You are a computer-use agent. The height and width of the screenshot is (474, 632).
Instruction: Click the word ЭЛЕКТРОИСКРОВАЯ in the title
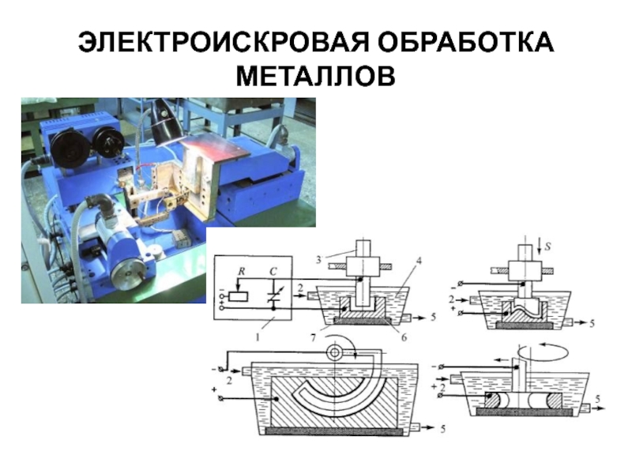tap(223, 42)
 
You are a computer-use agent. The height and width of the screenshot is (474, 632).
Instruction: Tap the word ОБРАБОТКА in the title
tap(465, 42)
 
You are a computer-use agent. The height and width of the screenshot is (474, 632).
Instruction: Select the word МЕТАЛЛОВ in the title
tap(316, 76)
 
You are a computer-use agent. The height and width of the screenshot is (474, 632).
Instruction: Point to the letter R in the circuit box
tap(241, 271)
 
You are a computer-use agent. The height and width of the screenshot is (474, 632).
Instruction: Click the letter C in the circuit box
tap(273, 272)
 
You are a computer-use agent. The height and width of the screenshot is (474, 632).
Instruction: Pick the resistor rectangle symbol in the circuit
tap(239, 297)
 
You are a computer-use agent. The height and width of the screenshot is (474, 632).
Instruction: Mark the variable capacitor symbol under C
tap(273, 296)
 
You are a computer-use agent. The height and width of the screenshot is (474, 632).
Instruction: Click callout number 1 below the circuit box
tap(258, 337)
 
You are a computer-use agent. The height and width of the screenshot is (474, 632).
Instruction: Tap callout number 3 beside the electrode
tap(318, 260)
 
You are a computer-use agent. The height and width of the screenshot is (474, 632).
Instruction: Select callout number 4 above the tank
tap(419, 261)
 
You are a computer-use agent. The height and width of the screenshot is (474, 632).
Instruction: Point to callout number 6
tap(404, 337)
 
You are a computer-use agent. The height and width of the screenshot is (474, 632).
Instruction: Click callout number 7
tap(313, 337)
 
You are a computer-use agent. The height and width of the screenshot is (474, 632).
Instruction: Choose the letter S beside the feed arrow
tap(547, 246)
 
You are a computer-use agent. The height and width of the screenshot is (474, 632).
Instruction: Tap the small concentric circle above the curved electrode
tap(334, 352)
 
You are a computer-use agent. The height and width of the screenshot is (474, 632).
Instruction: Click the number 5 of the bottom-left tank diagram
tap(442, 428)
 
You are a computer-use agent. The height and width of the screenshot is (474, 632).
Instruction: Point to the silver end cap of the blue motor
tap(127, 274)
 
